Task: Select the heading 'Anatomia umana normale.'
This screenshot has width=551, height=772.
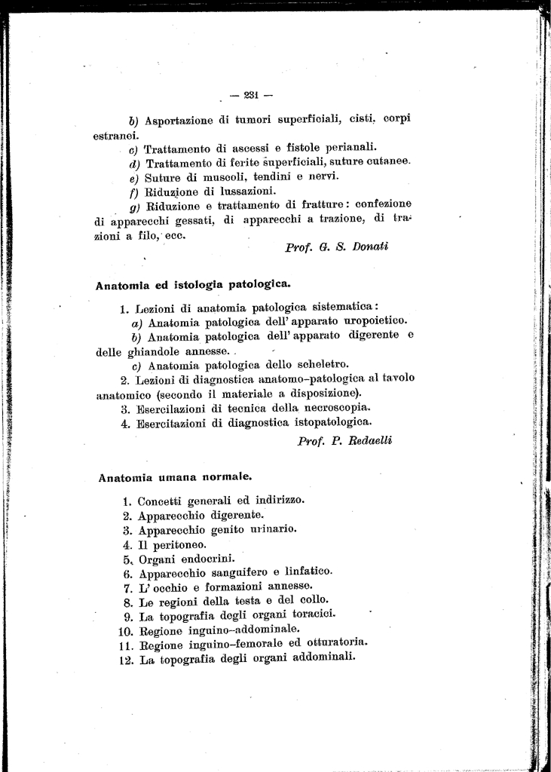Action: pyautogui.click(x=175, y=476)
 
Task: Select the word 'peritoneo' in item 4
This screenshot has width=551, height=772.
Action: pyautogui.click(x=178, y=544)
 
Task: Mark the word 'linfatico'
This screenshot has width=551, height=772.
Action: pyautogui.click(x=305, y=572)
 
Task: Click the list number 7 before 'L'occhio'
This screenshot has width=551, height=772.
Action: pyautogui.click(x=128, y=587)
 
